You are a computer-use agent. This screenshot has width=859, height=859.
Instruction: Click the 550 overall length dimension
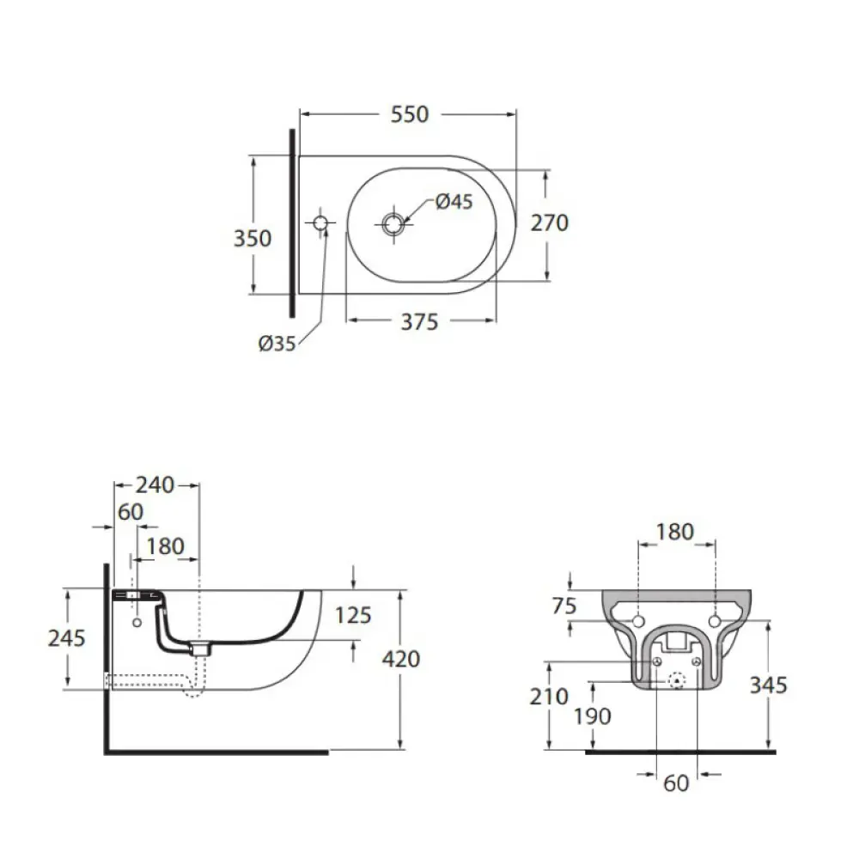click(x=409, y=114)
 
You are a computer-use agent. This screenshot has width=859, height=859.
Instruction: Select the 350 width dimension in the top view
click(x=252, y=238)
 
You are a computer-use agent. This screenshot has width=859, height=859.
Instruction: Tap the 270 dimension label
click(x=550, y=223)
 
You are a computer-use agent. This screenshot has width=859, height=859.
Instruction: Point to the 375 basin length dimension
click(x=420, y=321)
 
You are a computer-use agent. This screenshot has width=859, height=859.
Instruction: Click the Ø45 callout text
click(x=454, y=202)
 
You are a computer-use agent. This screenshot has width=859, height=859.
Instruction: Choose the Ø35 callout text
click(x=277, y=344)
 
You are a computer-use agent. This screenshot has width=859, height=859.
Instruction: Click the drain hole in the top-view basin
click(x=393, y=223)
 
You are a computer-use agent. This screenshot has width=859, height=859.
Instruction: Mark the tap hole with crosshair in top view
click(x=320, y=223)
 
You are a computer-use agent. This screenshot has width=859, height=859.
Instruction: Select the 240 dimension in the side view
click(x=155, y=484)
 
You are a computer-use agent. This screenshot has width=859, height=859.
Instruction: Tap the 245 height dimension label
click(x=66, y=638)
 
